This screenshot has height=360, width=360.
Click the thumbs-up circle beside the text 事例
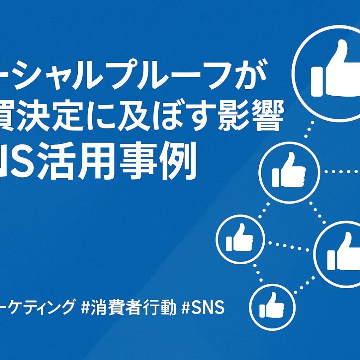289,172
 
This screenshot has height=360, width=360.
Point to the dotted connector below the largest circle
309,131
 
